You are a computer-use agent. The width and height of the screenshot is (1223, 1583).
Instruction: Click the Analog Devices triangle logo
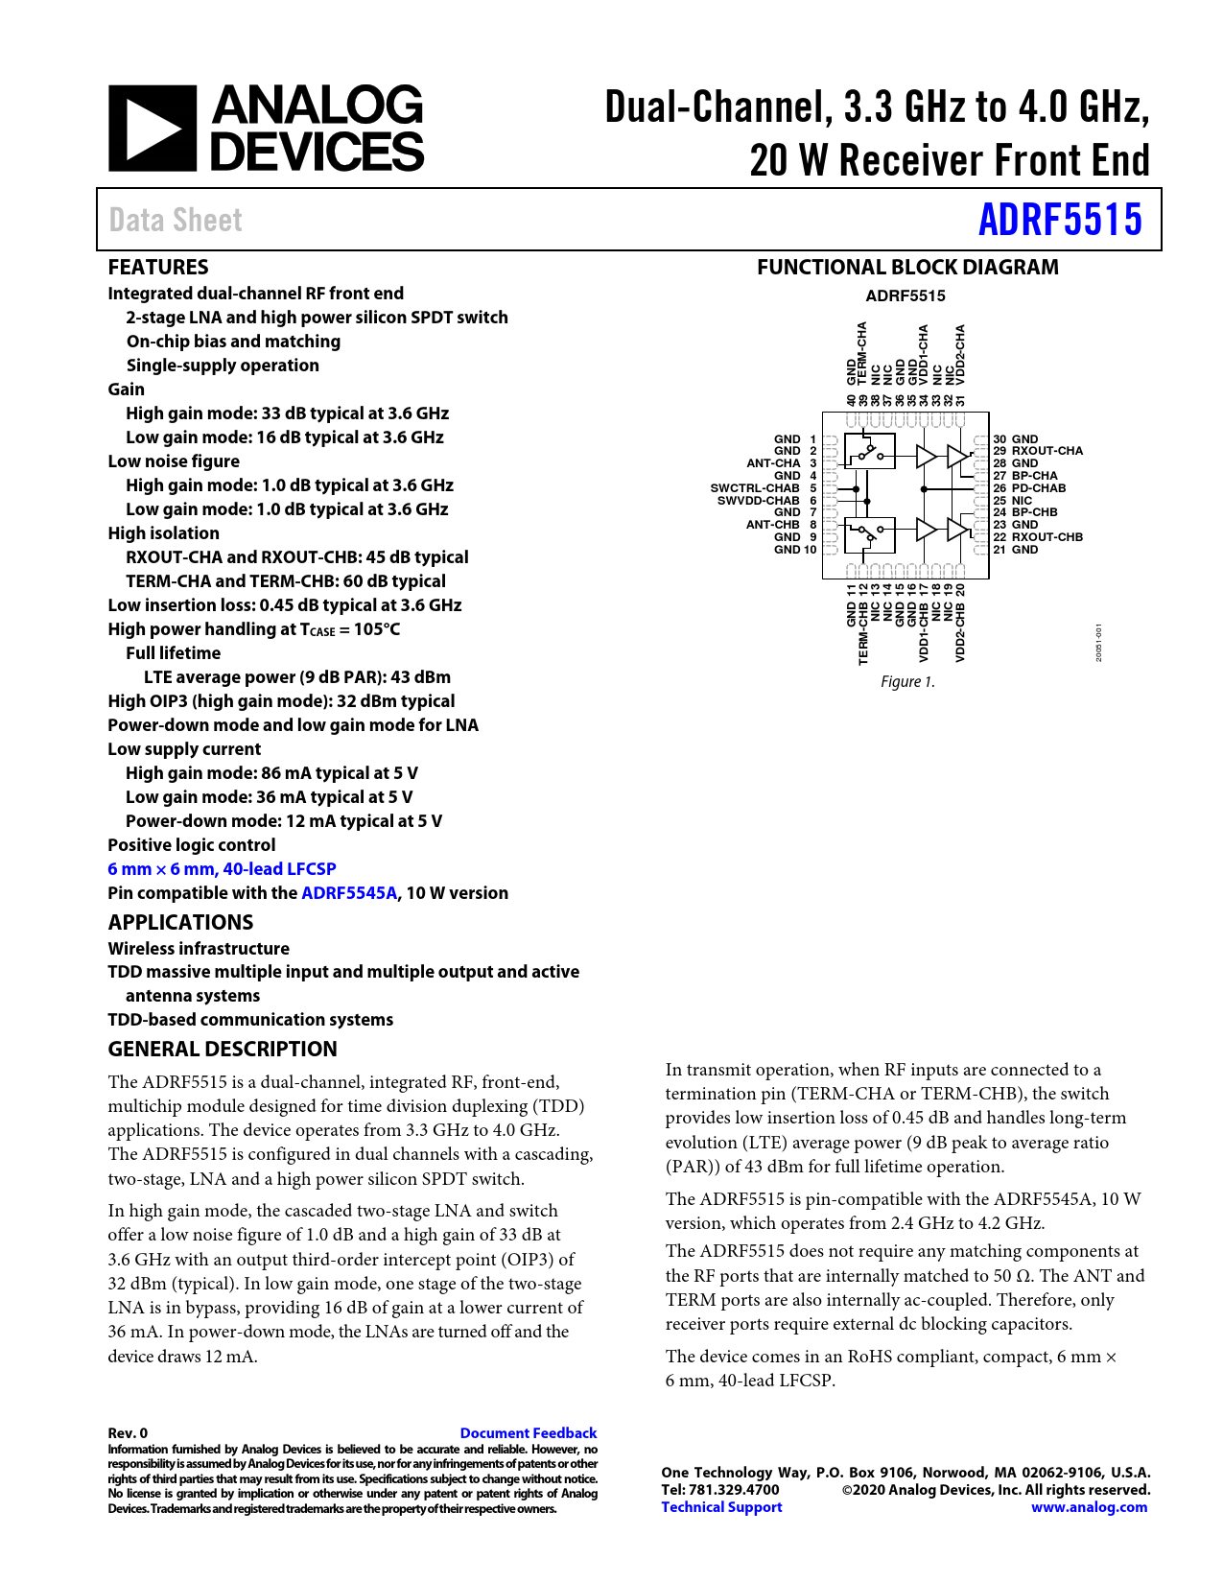[x=153, y=129]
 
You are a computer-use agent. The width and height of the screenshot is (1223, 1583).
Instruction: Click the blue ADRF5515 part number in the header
[x=1060, y=220]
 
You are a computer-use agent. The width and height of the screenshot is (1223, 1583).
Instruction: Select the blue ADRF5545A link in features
[x=348, y=893]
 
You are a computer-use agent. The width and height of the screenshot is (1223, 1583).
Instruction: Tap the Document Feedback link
[x=528, y=1433]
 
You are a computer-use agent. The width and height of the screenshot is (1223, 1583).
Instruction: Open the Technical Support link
[x=721, y=1507]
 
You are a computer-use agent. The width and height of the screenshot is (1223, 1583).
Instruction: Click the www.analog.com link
[x=1089, y=1507]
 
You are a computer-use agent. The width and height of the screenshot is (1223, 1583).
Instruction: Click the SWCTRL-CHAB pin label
[x=755, y=488]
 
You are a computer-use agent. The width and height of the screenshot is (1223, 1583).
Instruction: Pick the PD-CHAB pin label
[x=1038, y=488]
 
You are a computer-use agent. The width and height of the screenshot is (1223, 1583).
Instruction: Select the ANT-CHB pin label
[x=773, y=525]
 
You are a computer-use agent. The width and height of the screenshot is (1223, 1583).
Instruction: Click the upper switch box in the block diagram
[x=869, y=451]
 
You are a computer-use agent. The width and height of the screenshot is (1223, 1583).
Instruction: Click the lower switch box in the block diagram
[x=869, y=534]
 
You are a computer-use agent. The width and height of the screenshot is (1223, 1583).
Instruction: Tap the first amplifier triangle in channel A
[x=926, y=457]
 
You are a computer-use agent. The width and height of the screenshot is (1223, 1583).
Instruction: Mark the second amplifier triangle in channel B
[x=956, y=529]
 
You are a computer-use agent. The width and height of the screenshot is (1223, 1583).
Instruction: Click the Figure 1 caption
[x=907, y=682]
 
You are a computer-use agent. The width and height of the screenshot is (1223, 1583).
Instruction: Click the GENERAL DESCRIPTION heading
[x=223, y=1050]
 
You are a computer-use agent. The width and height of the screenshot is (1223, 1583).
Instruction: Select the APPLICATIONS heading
[x=180, y=923]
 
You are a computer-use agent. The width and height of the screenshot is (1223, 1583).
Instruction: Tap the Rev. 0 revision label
[x=128, y=1433]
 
